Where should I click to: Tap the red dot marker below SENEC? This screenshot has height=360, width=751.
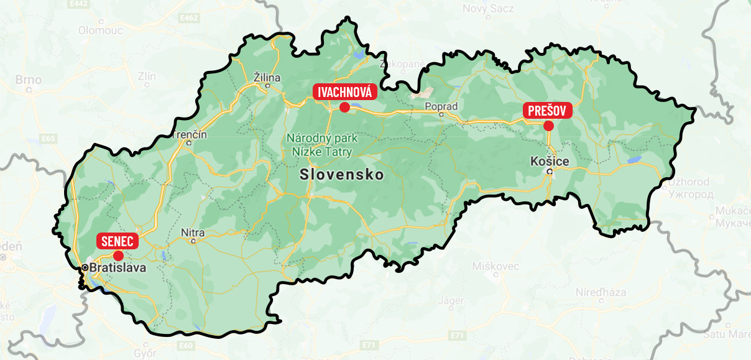(118, 255)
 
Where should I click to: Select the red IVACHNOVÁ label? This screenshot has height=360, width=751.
(345, 93)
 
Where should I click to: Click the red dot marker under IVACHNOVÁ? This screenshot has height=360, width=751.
(344, 107)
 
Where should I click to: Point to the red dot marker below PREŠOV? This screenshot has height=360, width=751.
(548, 126)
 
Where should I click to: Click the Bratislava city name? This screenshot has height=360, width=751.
(117, 268)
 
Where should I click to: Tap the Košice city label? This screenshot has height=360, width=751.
(550, 161)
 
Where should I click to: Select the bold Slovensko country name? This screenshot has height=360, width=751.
(341, 175)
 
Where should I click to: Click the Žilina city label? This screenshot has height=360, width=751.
(268, 78)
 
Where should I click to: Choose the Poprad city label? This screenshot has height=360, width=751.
(441, 106)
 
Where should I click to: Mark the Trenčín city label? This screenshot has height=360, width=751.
(190, 135)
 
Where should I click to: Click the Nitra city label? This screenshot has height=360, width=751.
(193, 233)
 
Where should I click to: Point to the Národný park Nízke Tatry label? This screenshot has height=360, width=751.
(320, 144)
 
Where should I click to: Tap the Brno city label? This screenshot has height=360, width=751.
(29, 80)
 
